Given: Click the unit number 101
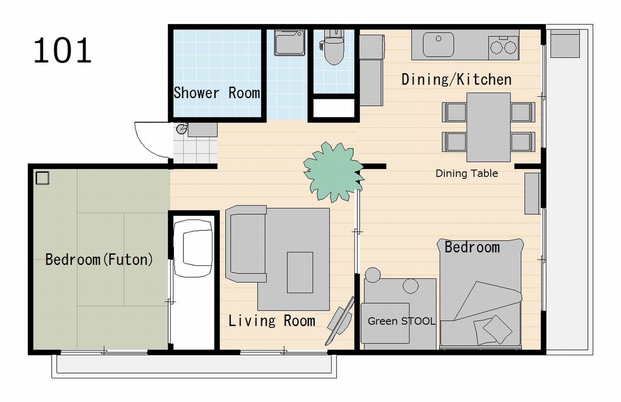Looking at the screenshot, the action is (63, 50).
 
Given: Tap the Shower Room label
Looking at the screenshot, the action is (217, 93).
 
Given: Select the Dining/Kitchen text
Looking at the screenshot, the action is (456, 80).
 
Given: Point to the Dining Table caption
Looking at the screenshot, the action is (467, 174).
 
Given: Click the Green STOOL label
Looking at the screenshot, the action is (401, 321).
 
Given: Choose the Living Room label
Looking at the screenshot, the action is (272, 321).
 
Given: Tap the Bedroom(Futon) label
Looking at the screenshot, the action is (99, 259).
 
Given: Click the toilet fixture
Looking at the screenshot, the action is (334, 46).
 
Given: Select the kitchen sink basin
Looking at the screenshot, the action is (438, 45).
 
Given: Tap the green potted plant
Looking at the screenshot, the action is (333, 172).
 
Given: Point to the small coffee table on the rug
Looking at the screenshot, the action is (300, 273).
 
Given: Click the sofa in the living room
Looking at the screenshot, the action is (246, 244).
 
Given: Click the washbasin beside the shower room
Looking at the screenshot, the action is (289, 43).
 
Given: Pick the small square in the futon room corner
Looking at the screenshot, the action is (42, 178).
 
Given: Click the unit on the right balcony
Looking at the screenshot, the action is (565, 44).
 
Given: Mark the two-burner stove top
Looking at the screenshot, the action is (503, 48).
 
